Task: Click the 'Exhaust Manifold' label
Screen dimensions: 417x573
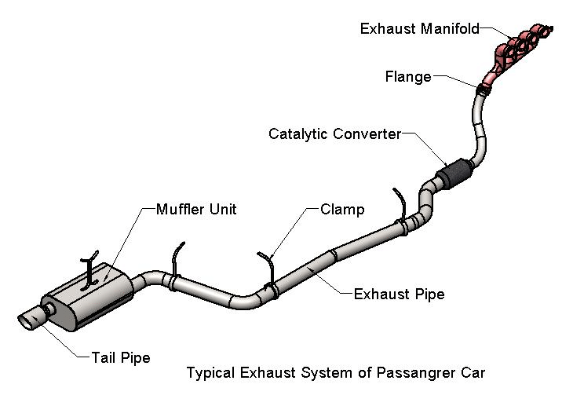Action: tap(419, 29)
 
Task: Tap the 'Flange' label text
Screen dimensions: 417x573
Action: tap(407, 77)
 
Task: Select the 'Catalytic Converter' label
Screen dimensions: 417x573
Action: tap(334, 134)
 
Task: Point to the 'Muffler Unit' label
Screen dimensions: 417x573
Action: tap(195, 210)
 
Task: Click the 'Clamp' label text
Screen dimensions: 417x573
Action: tap(341, 210)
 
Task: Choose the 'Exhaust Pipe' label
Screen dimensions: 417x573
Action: tap(399, 294)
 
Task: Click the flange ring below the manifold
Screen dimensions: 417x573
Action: tap(482, 86)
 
